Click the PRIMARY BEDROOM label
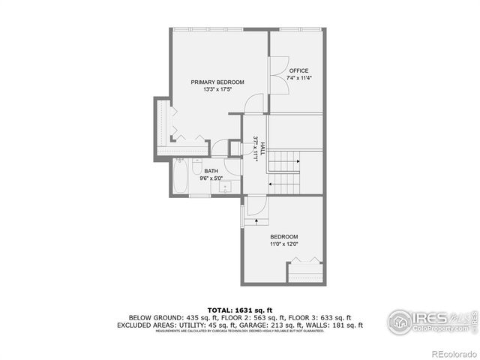(x=217, y=82)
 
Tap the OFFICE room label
(x=298, y=71)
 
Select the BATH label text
(x=211, y=171)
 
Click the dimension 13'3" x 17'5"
(x=217, y=90)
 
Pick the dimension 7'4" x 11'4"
(x=298, y=78)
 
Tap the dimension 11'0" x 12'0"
(x=284, y=243)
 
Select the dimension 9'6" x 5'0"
(x=211, y=178)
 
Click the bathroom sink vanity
(x=226, y=188)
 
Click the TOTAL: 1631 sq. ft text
(x=239, y=309)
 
